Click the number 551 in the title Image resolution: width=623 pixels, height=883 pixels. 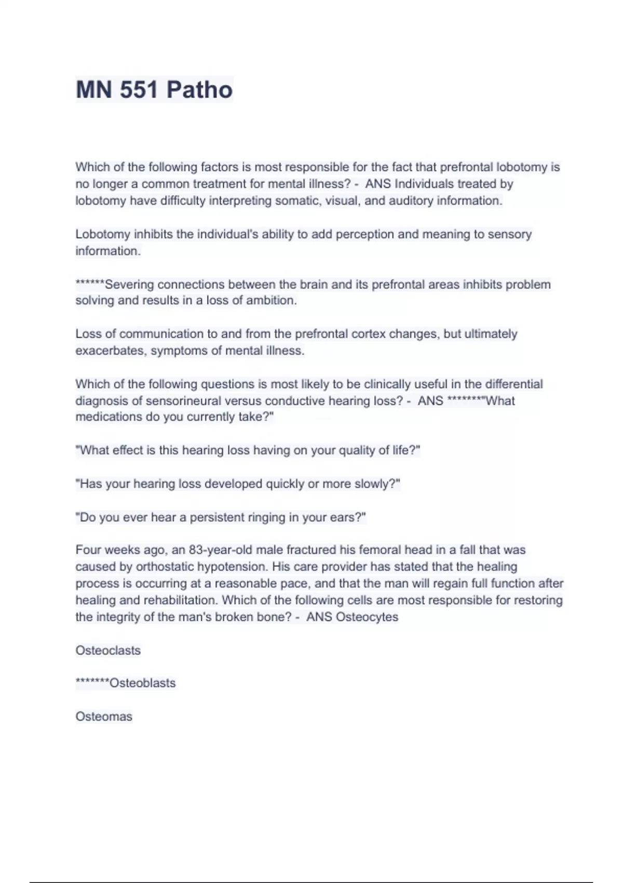139,90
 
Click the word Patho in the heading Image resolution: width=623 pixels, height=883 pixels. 200,90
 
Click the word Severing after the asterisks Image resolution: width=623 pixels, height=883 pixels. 129,285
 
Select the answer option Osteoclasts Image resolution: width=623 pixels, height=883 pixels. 108,650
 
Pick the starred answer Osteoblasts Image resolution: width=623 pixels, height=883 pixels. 142,683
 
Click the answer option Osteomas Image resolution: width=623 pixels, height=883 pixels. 104,717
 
